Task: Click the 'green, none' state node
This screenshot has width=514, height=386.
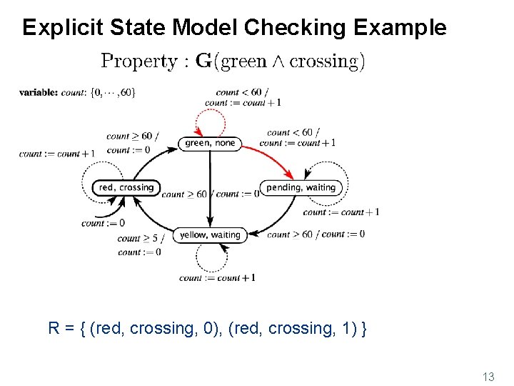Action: point(209,143)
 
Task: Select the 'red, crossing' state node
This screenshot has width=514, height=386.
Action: point(126,187)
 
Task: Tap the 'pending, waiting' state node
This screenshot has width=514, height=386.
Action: point(301,187)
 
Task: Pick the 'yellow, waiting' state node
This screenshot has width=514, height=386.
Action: point(210,234)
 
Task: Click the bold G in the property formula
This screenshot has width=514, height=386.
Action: point(203,61)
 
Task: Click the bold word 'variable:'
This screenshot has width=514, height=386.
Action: point(39,92)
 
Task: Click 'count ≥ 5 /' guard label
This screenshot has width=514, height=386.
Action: point(141,239)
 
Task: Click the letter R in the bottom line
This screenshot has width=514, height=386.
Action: point(54,329)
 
